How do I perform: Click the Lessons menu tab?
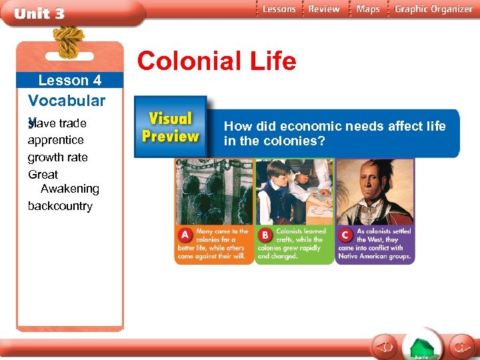278,9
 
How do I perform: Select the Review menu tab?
324,9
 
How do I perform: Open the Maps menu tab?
367,9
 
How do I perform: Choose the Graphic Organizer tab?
433,9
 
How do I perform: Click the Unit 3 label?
40,13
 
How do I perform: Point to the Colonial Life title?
217,61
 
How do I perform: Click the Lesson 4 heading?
70,81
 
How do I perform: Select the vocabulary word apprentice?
56,140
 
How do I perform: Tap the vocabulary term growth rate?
58,157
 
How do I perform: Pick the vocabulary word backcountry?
60,206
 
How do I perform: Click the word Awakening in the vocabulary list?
70,189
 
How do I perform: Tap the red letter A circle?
185,235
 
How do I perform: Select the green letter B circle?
266,235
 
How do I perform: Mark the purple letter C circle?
346,235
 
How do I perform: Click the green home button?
421,347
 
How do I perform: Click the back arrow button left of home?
385,347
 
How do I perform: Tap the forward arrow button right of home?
460,347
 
